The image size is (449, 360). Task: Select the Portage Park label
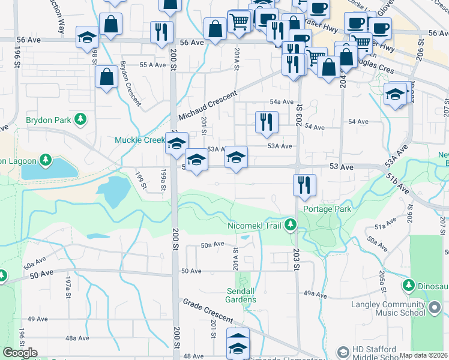point(327,209)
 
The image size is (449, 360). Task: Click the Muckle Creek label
point(139,140)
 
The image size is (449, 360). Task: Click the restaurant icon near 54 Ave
point(266,122)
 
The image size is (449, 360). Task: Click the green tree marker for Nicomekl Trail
point(291,225)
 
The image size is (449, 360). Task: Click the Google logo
point(20,353)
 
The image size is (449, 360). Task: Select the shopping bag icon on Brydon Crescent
point(106,77)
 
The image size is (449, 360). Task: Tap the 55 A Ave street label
point(152,65)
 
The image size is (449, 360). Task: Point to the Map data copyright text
point(424,355)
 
